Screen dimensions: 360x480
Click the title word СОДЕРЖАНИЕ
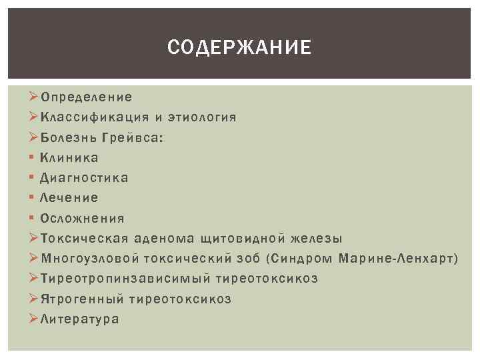(239, 47)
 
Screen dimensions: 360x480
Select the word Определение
(86, 97)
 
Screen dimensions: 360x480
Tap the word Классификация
(94, 118)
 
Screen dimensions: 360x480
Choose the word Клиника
(69, 158)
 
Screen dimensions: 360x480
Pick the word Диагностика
(85, 178)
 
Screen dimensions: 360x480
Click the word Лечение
(69, 198)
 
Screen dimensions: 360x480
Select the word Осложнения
(82, 218)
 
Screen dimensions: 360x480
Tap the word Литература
(79, 319)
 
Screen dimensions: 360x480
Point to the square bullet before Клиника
(32, 158)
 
